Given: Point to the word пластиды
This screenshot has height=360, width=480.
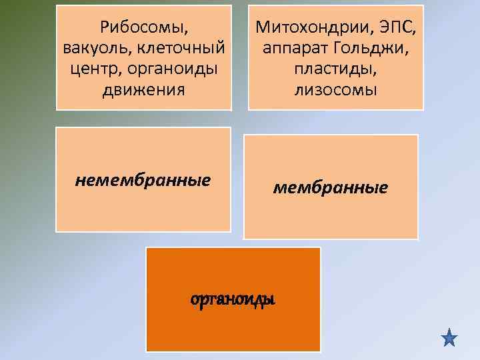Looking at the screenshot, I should [336, 69].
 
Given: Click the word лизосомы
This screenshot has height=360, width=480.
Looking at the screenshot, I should [336, 89].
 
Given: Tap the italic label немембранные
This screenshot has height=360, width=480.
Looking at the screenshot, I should [143, 179].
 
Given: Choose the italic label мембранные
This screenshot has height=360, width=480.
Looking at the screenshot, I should [331, 187].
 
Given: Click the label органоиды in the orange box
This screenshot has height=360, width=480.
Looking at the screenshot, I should [233, 300].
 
